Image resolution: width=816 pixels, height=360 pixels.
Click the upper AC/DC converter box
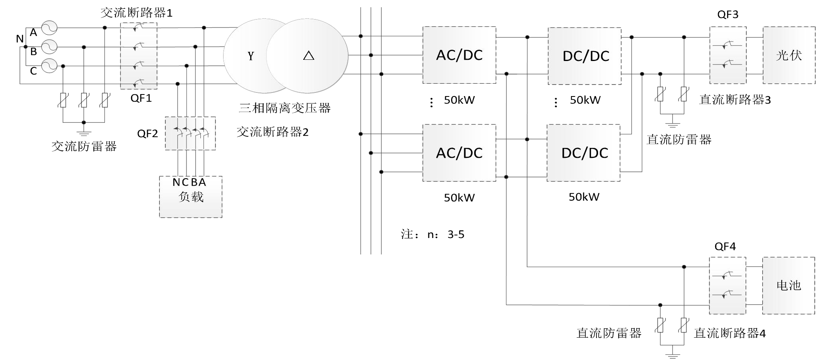459,55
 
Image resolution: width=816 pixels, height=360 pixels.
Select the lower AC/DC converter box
459,153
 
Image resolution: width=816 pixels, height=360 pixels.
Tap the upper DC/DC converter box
585,56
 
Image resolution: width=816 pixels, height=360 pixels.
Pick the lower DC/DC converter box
583,153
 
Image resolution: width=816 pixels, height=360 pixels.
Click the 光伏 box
789,55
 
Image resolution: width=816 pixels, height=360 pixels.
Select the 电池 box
789,285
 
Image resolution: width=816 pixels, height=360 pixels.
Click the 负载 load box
190,197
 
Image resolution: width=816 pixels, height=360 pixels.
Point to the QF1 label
141,98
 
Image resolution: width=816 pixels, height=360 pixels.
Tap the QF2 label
147,134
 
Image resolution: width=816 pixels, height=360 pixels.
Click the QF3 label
728,15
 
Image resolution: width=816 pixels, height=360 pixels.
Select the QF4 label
725,247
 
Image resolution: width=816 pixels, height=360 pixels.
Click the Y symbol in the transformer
251,56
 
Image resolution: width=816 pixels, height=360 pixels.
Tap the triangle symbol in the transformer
308,56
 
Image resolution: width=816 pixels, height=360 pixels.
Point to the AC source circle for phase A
49,28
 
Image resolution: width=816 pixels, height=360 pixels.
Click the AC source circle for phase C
49,66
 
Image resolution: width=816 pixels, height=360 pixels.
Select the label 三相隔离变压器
284,108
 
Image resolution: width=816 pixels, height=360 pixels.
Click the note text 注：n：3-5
432,234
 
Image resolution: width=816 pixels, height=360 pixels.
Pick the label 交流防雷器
84,146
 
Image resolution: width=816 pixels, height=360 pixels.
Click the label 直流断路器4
730,333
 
